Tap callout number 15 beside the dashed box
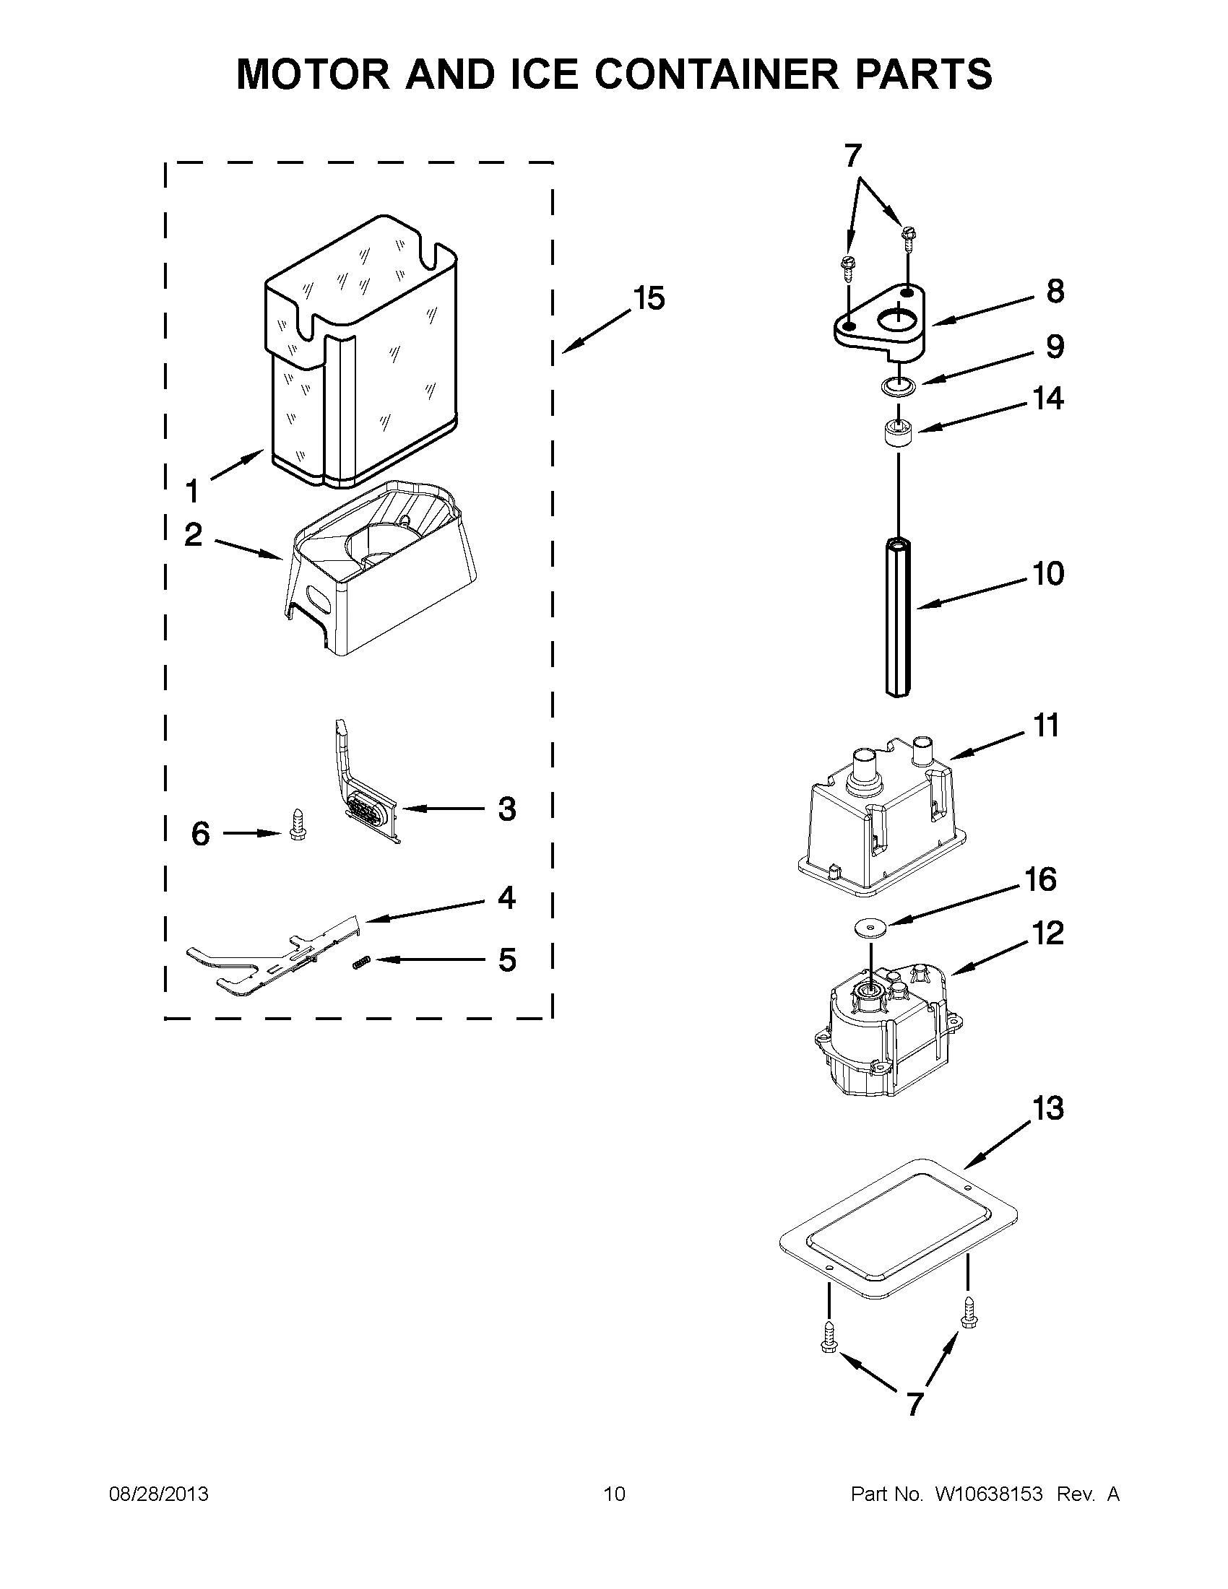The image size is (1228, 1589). [649, 298]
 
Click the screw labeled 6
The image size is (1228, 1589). [297, 824]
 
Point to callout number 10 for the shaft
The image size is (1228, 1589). [1048, 574]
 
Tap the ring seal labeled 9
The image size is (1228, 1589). [896, 386]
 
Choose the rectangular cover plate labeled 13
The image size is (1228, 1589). [899, 1229]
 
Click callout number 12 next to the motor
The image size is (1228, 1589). [1048, 933]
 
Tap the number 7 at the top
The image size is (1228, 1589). [852, 156]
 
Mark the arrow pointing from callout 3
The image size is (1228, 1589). [441, 809]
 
